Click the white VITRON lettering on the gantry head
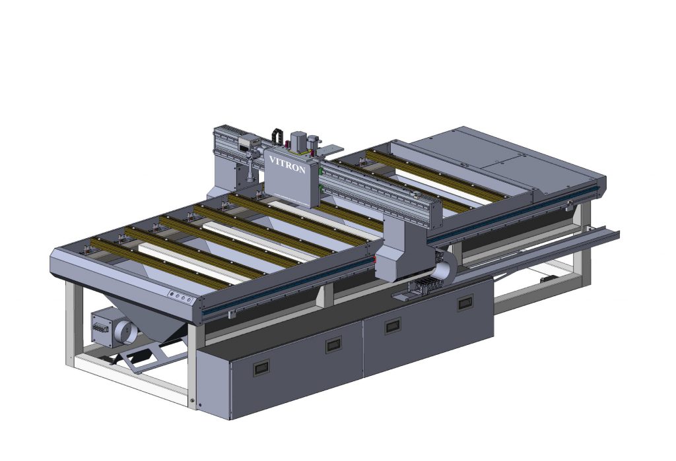[x=287, y=164]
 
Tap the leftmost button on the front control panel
[x=172, y=295]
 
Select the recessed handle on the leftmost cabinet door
[x=261, y=367]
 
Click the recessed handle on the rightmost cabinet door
[x=465, y=303]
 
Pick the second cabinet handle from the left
[x=333, y=344]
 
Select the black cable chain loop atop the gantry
[x=277, y=135]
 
